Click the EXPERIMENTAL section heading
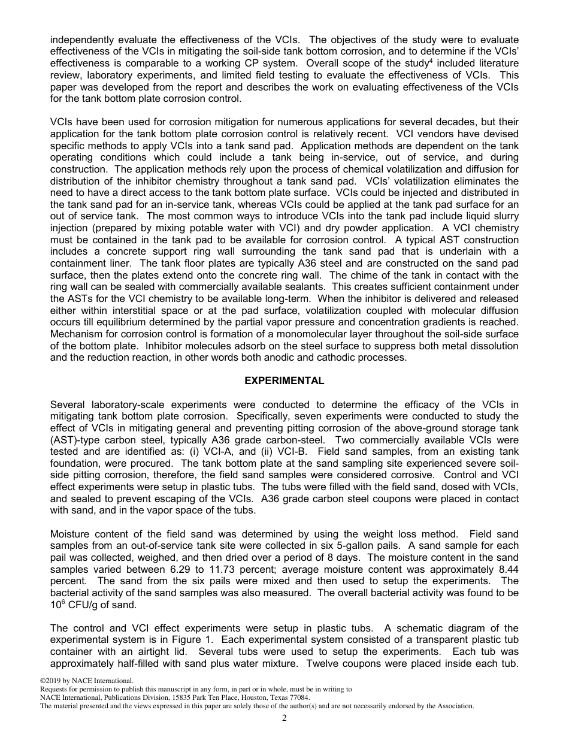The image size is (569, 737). coord(284,381)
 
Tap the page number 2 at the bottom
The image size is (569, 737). coord(284,718)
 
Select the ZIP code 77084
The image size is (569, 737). coord(299,697)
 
